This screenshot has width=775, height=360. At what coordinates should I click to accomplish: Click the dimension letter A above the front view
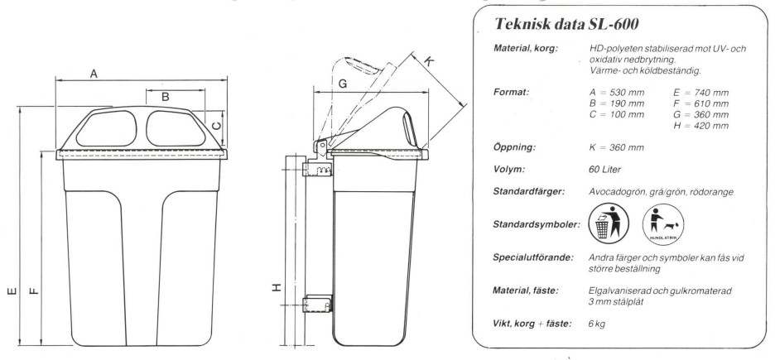click(x=95, y=74)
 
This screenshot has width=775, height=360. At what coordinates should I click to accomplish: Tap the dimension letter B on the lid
click(x=166, y=97)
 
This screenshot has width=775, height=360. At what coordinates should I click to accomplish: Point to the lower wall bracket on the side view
click(x=318, y=307)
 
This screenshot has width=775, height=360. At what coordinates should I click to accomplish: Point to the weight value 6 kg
click(x=594, y=323)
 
